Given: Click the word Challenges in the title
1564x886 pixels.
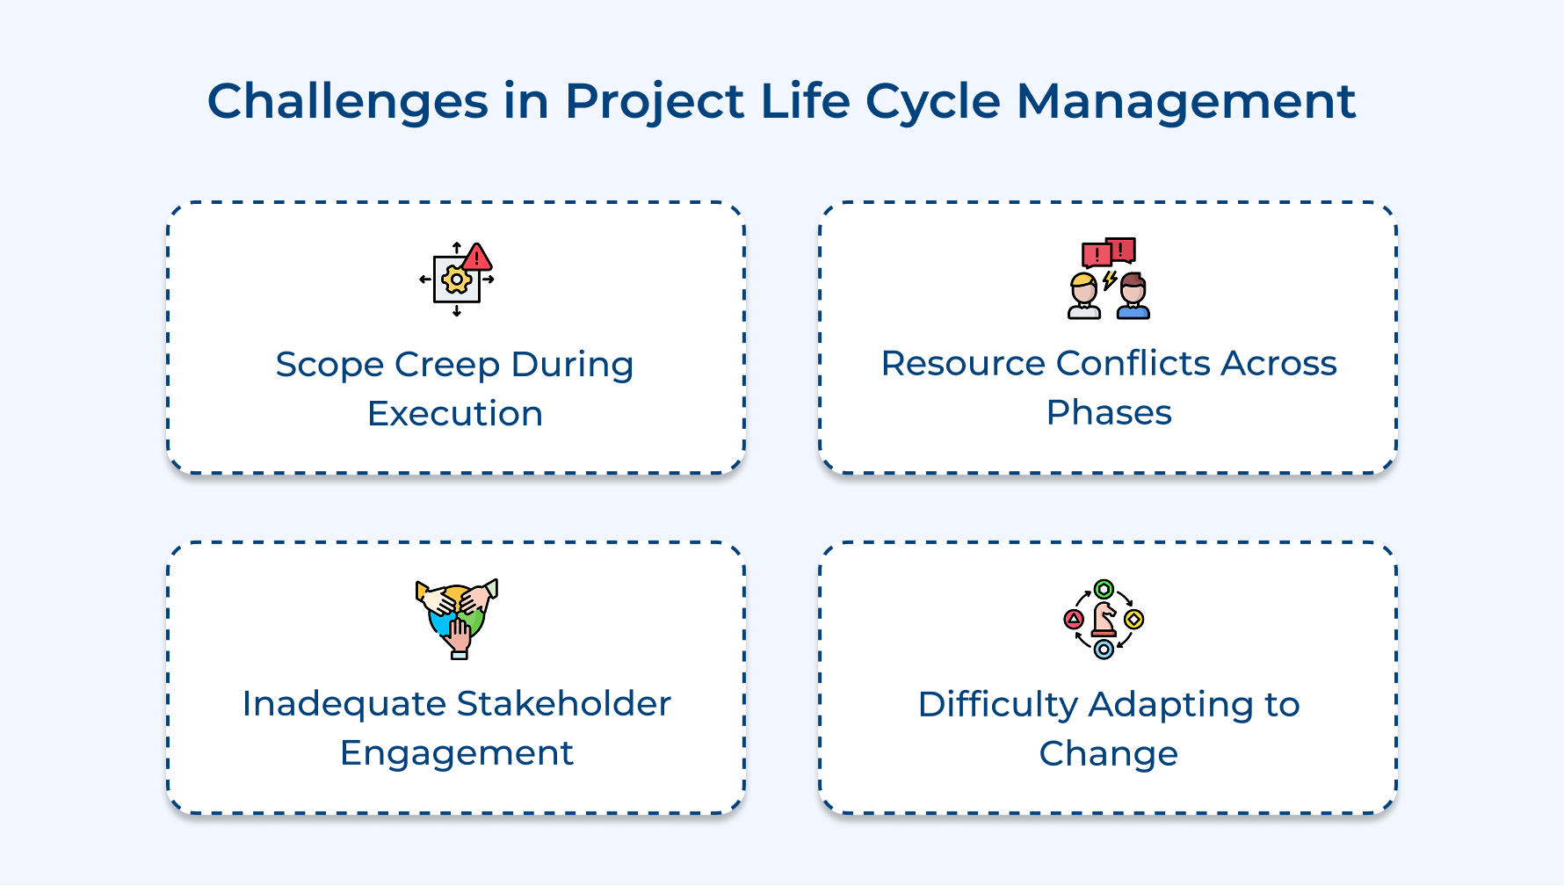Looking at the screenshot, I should click(347, 101).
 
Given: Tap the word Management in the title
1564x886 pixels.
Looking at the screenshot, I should click(1186, 101).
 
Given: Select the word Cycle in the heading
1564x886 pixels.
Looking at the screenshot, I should click(933, 101).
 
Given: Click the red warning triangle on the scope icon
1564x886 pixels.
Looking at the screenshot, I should click(476, 258).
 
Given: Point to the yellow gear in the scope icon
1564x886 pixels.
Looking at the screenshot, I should click(456, 280).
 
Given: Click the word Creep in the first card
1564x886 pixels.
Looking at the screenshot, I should click(447, 364).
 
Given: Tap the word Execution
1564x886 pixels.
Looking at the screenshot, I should click(455, 413).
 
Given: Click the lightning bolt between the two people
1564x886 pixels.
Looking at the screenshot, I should click(1110, 280).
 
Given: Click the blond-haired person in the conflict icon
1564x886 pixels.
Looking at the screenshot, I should click(1084, 297).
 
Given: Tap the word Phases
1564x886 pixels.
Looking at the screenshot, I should click(1109, 412).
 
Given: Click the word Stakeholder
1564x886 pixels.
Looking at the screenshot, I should click(563, 703).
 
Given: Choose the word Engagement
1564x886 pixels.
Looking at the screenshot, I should click(456, 752).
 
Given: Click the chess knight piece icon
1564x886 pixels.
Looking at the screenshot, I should click(1104, 619).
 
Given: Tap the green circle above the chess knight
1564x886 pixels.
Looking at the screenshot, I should click(1104, 589).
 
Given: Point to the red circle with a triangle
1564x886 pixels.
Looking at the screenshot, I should click(1074, 620).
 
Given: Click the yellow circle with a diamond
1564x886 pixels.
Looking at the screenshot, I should click(1134, 620).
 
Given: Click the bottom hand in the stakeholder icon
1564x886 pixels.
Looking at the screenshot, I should click(459, 637).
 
